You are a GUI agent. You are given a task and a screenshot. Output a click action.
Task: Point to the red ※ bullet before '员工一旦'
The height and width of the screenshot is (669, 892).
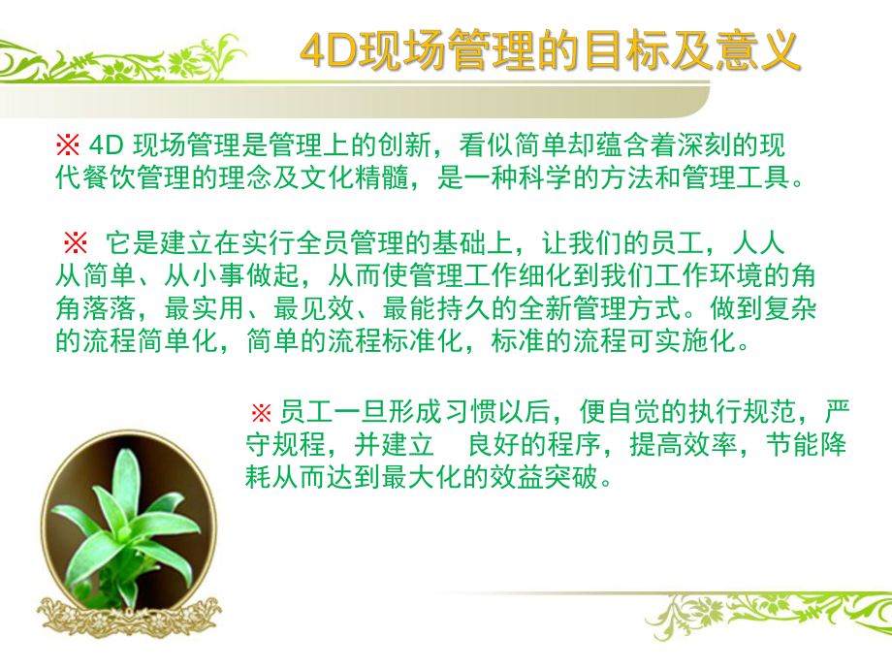coord(261,413)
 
